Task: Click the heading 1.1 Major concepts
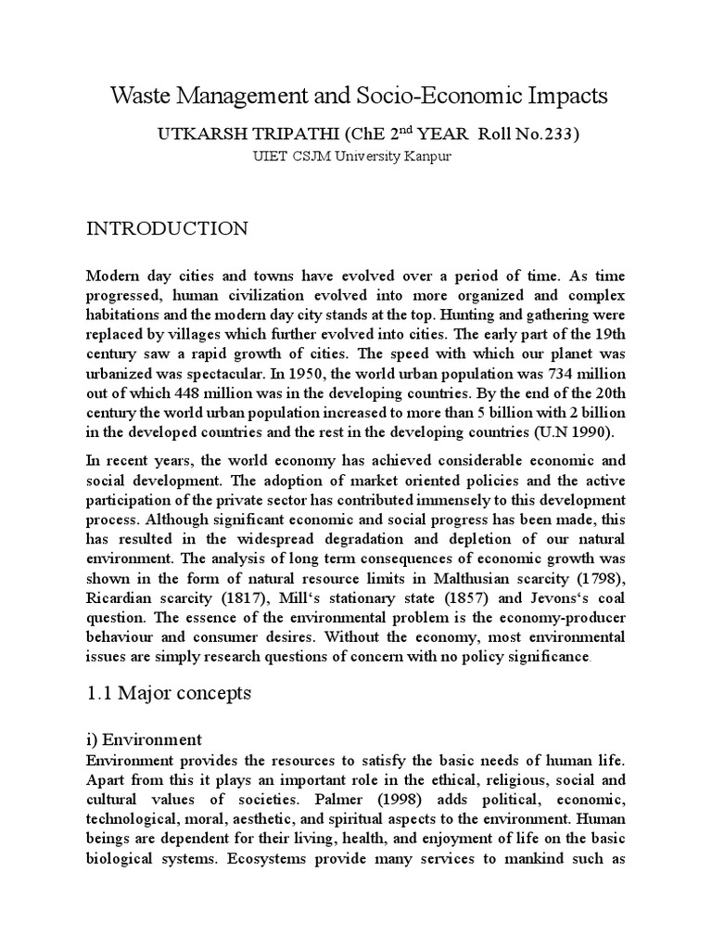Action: (168, 692)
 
